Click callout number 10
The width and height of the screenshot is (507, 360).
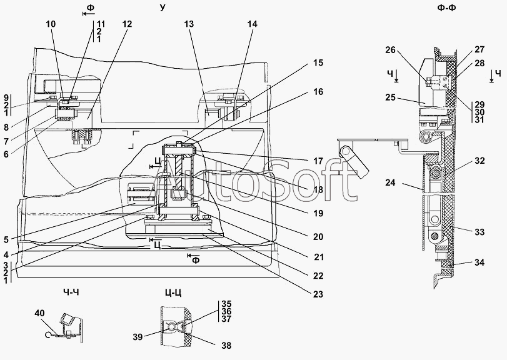point(51,24)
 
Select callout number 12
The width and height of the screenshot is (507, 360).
point(128,24)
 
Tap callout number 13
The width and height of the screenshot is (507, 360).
point(189,24)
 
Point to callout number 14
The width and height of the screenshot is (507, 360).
point(252,24)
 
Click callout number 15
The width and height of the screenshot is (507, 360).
point(318,62)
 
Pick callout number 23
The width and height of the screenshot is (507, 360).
point(318,294)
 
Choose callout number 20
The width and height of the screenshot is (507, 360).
point(318,236)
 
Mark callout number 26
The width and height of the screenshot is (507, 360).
point(390,49)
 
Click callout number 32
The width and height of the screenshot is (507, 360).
point(480,160)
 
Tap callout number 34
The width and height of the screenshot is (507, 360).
point(480,262)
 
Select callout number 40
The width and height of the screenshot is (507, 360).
point(39,313)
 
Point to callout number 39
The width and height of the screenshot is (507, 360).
point(138,337)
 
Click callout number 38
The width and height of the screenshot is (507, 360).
point(226,346)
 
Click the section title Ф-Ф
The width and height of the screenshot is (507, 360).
point(446,8)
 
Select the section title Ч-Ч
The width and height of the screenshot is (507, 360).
point(71,292)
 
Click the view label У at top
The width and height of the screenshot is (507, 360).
point(163,7)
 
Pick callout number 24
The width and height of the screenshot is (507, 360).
point(390,182)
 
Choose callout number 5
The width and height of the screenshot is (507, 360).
point(6,239)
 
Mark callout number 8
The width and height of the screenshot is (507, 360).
point(6,127)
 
